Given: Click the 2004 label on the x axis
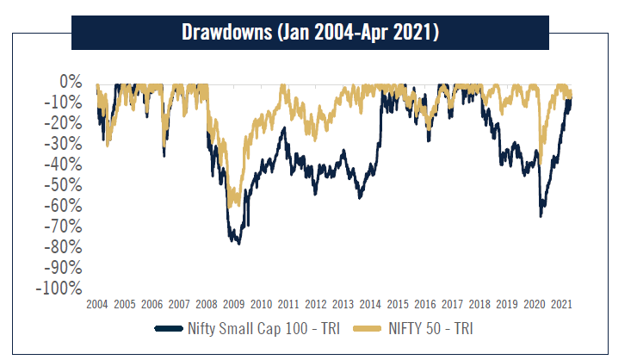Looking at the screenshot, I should [96, 305].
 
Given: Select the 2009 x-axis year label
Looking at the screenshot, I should [233, 305].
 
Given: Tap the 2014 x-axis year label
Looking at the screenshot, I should [370, 305].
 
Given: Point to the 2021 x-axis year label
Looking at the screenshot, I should [561, 305].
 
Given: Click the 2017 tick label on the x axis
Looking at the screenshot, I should [452, 305].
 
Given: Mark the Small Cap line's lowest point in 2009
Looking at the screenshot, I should [238, 244].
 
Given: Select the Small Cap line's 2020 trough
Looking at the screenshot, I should [541, 215].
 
